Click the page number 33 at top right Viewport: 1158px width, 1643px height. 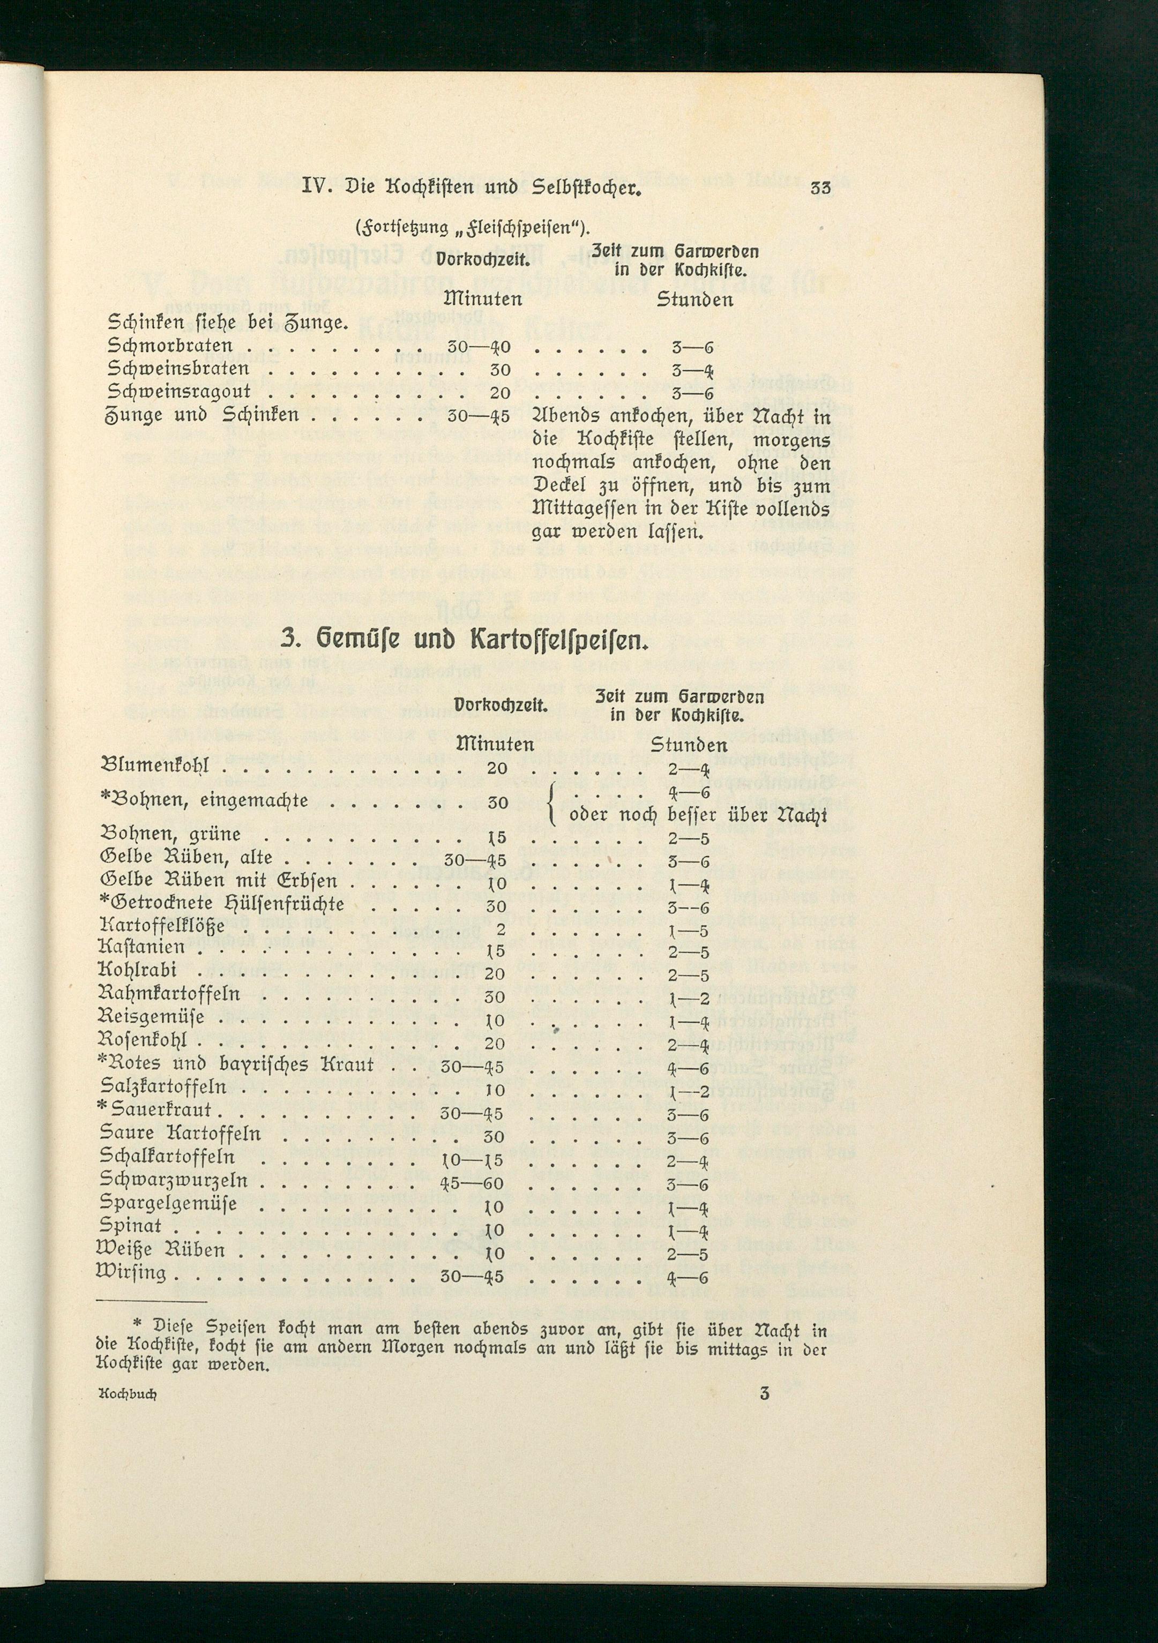pyautogui.click(x=821, y=190)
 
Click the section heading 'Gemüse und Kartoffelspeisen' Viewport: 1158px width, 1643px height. pyautogui.click(x=461, y=639)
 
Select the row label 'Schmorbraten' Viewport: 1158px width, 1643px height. pyautogui.click(x=170, y=347)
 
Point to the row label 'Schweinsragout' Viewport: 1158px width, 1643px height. pyautogui.click(x=179, y=392)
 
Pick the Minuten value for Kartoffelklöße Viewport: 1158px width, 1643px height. pyautogui.click(x=500, y=929)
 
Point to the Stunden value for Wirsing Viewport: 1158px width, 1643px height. pyautogui.click(x=689, y=1276)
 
